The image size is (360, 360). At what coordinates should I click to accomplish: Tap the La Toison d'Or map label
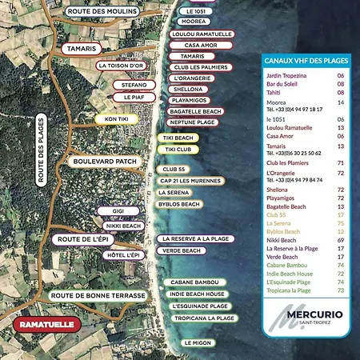(121, 65)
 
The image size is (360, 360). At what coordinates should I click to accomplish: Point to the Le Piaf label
(134, 97)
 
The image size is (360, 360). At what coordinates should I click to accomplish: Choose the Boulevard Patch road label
(106, 161)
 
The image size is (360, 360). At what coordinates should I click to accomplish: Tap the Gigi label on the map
(118, 210)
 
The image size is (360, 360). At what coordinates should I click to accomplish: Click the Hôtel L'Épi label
(122, 254)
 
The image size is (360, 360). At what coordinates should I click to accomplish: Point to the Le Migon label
(198, 342)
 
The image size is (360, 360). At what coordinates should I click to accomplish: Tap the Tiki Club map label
(178, 150)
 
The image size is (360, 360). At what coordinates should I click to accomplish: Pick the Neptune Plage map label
(194, 122)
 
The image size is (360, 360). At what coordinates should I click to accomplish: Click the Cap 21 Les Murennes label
(190, 181)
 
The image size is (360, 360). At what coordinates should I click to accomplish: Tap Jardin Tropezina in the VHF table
(287, 74)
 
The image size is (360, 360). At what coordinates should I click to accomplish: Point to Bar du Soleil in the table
(283, 82)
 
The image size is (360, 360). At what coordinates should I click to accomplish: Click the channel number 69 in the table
(341, 240)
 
